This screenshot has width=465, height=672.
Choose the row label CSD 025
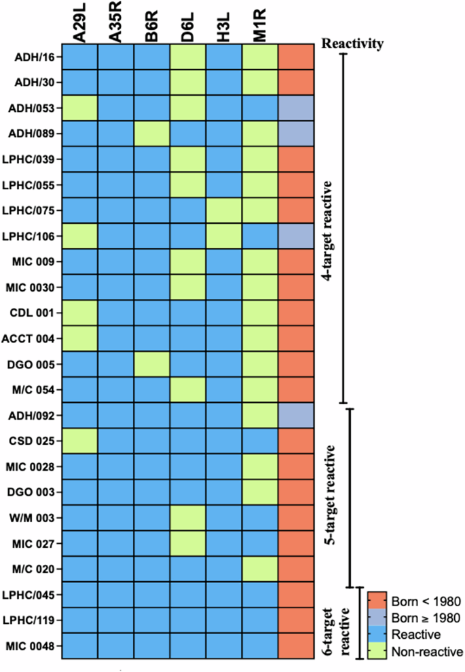(35, 441)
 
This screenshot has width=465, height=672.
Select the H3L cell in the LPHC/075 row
(223, 211)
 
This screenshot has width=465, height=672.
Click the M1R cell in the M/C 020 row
(259, 569)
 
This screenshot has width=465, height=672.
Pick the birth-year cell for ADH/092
(296, 416)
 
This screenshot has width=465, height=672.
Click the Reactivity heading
(353, 45)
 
